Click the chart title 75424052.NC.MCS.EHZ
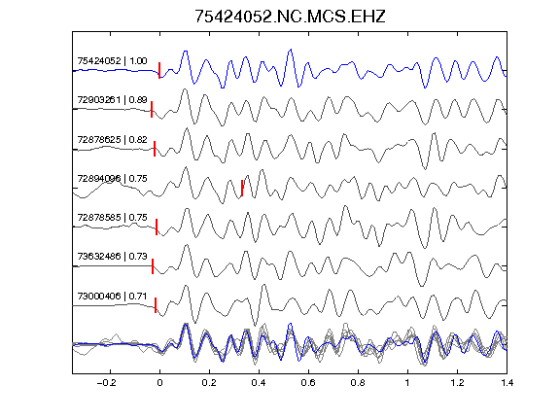click(x=290, y=17)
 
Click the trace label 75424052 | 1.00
click(x=112, y=61)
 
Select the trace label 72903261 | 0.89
click(x=112, y=99)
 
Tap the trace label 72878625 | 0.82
click(x=112, y=140)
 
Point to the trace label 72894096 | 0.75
click(x=112, y=178)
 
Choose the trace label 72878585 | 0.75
click(x=112, y=217)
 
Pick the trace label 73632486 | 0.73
click(x=112, y=256)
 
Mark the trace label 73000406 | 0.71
click(x=112, y=297)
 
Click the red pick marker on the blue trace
click(x=159, y=70)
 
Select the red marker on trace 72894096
click(x=242, y=188)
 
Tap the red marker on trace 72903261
click(x=152, y=109)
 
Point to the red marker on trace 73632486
click(x=153, y=266)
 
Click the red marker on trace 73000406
click(x=156, y=305)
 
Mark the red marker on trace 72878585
click(x=157, y=227)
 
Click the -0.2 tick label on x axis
click(x=107, y=383)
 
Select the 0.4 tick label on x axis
click(x=259, y=383)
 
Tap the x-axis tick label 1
click(x=407, y=383)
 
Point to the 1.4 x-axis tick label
click(x=507, y=383)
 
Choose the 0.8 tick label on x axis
click(x=358, y=383)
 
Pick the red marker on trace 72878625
click(x=155, y=149)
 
